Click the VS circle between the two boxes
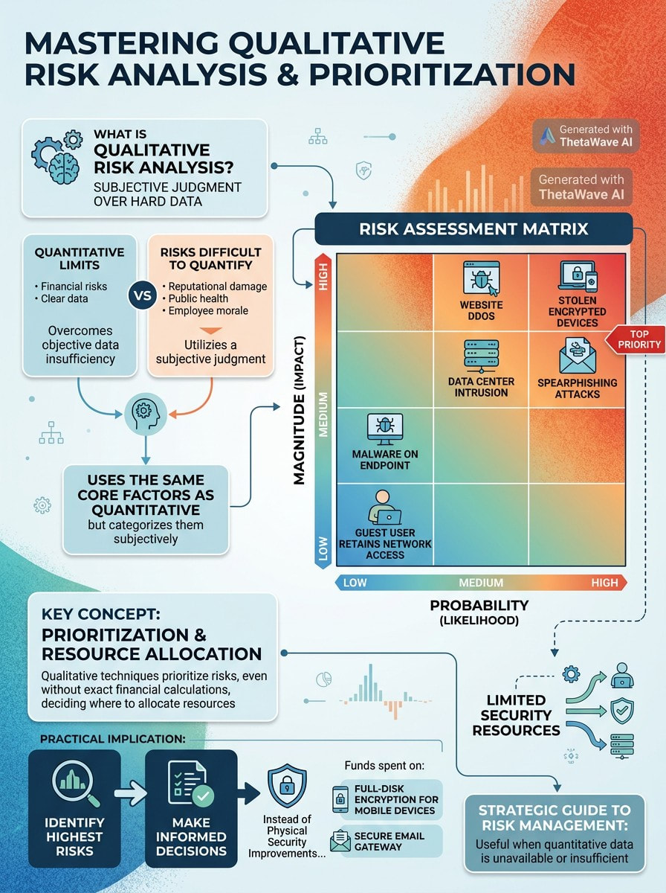142,295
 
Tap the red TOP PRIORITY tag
635,339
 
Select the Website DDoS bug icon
482,278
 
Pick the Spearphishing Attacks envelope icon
578,355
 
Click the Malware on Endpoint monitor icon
385,429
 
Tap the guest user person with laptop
384,507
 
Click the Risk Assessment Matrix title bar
473,228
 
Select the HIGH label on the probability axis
604,583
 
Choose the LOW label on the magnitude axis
323,548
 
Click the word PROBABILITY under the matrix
479,605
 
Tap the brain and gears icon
57,157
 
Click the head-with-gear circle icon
146,415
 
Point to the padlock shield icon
287,786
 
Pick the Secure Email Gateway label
389,842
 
